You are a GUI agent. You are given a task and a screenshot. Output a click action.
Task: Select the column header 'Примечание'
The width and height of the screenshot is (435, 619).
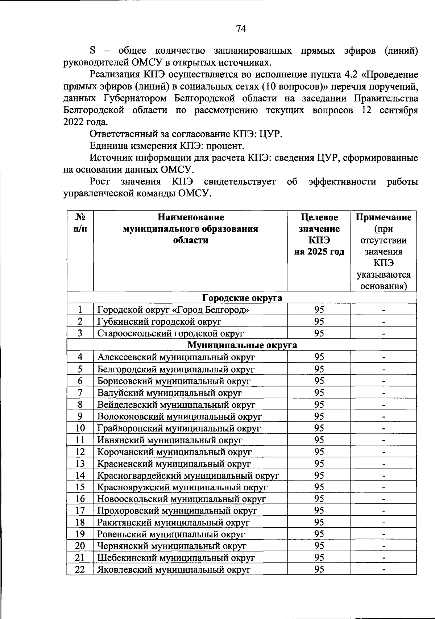(x=383, y=217)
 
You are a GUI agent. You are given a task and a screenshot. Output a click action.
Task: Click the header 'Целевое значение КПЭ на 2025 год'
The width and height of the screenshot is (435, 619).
(x=319, y=234)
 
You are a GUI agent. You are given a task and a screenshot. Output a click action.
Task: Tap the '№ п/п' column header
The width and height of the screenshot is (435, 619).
(x=80, y=223)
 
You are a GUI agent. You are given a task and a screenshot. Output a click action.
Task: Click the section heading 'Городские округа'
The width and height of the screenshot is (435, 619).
(x=242, y=298)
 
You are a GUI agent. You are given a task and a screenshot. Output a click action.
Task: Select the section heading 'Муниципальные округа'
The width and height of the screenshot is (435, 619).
(x=242, y=345)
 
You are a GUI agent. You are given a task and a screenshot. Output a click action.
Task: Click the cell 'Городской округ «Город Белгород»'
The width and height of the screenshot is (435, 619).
(x=173, y=310)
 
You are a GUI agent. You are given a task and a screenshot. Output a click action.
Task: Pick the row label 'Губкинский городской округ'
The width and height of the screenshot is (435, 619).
(x=159, y=322)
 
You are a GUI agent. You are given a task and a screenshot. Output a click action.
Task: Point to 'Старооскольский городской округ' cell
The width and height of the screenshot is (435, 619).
(x=170, y=333)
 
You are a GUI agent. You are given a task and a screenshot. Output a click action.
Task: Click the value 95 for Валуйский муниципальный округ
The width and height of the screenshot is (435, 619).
(x=319, y=392)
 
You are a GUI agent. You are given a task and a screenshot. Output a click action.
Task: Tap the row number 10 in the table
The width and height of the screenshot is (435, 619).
(x=80, y=428)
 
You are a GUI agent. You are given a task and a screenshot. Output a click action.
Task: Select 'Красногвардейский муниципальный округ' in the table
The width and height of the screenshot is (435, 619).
(x=188, y=475)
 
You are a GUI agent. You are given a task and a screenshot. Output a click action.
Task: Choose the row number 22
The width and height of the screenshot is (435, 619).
(x=80, y=569)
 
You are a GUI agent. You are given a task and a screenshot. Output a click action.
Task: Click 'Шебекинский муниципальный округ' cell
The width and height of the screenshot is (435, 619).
(x=176, y=558)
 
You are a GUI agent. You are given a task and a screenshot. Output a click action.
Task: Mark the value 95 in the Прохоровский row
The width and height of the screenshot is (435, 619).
(x=319, y=511)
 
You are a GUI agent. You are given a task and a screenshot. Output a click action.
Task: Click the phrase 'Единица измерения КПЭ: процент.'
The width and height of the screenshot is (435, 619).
(x=167, y=146)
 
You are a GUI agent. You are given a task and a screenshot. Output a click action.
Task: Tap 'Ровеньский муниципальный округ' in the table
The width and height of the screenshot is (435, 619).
(x=171, y=534)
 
